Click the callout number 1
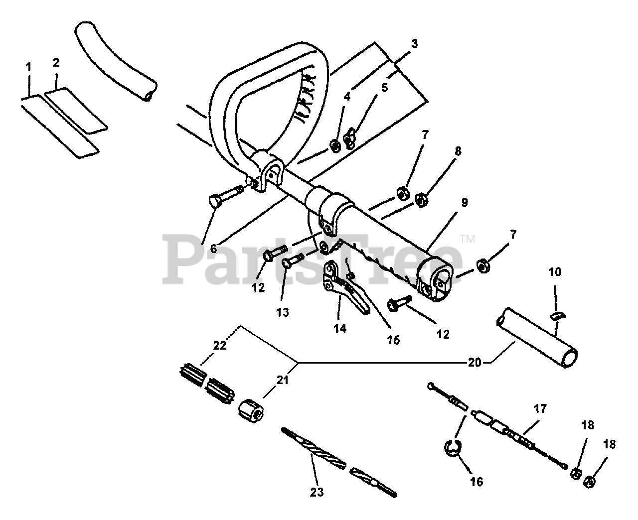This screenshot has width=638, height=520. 28,66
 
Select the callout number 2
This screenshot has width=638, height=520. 56,63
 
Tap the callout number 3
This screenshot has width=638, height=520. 414,44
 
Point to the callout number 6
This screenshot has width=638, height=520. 213,249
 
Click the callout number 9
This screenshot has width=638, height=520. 464,203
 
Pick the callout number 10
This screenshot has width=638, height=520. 555,272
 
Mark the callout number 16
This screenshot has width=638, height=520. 477,482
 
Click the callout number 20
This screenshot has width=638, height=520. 475,362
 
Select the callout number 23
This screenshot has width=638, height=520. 317,492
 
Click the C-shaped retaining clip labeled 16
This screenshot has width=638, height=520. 451,447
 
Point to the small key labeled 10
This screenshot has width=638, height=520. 557,315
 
